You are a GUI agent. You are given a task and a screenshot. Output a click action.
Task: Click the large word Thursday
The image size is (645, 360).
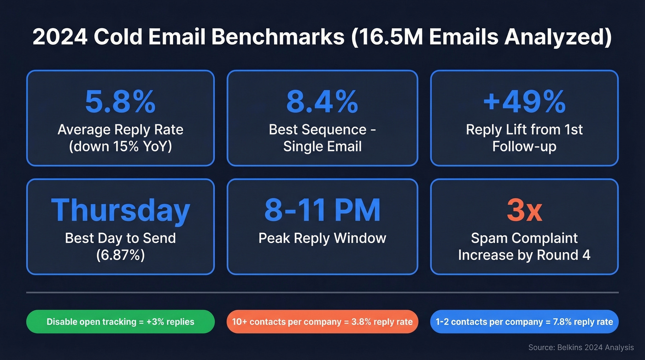[x=120, y=210]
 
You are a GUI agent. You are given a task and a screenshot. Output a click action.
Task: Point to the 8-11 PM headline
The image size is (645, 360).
[x=322, y=210]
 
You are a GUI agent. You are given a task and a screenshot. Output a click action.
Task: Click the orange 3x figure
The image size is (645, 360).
[x=524, y=210]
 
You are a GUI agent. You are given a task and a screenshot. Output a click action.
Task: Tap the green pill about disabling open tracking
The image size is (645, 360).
[x=120, y=321]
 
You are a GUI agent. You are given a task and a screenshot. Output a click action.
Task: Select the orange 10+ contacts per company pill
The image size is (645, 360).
[x=322, y=321]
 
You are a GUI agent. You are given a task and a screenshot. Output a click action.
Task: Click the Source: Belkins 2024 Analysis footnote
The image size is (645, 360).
[x=581, y=348]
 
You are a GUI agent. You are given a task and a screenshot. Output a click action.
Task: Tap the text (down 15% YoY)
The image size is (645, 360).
[x=120, y=147]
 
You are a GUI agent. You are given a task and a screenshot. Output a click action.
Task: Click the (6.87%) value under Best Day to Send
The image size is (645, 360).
[x=120, y=255]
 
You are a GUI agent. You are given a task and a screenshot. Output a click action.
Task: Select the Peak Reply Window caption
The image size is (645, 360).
[x=322, y=238]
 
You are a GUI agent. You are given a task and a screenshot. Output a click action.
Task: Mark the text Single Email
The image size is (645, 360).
[x=322, y=147]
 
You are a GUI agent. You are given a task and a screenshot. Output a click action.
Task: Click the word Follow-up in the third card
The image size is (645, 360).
[x=524, y=147]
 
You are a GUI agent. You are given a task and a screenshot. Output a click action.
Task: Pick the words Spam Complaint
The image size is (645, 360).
[x=524, y=238]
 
